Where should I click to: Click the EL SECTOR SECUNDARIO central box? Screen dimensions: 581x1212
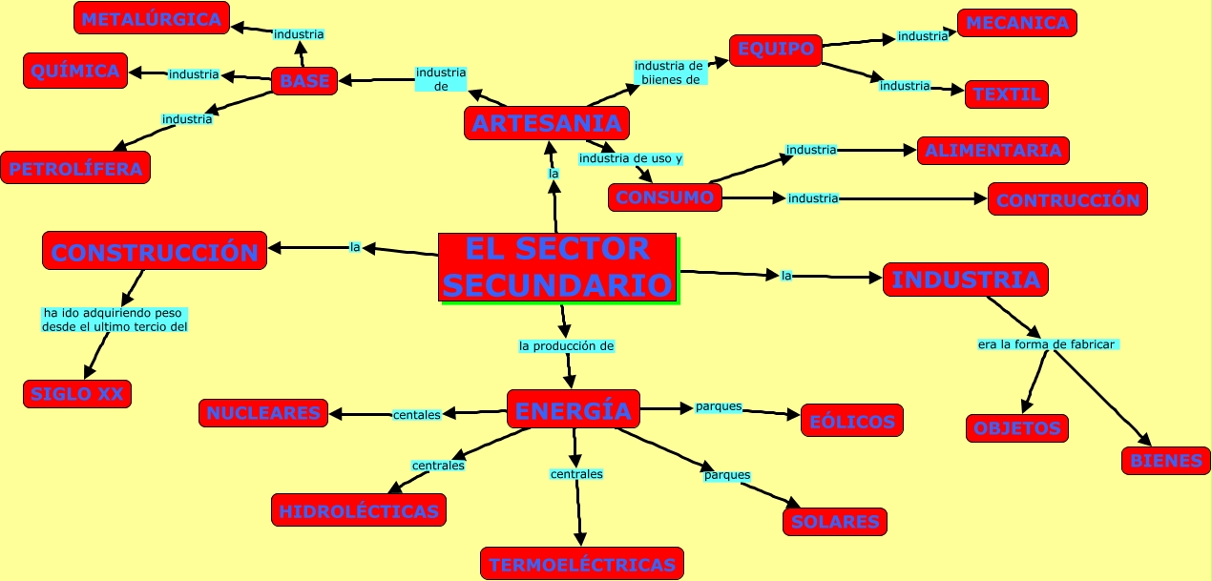(x=557, y=267)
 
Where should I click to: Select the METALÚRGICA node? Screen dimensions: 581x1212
(x=151, y=18)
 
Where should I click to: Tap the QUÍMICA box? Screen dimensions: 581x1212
(x=75, y=71)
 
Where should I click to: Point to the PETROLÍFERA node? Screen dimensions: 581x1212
(x=75, y=169)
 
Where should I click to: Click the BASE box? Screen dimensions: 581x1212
(x=304, y=81)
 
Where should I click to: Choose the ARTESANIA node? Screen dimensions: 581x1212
(x=547, y=122)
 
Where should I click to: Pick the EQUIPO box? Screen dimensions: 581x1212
(x=775, y=49)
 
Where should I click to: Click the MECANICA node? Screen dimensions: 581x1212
(x=1016, y=23)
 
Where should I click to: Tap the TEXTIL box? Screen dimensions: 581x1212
(x=1006, y=94)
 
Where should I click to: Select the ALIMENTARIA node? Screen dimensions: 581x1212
(x=993, y=150)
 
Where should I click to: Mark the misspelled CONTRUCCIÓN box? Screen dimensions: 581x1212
(x=1067, y=199)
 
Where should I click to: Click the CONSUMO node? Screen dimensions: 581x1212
(x=664, y=197)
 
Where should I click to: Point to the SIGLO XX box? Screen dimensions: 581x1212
(x=77, y=393)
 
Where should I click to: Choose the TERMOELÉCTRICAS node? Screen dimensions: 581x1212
(x=582, y=564)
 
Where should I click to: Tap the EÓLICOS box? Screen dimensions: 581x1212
(x=851, y=421)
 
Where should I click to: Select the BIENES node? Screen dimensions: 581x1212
(x=1165, y=460)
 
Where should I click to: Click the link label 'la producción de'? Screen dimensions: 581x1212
(x=566, y=346)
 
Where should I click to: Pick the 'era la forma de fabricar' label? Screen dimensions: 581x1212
(x=1047, y=344)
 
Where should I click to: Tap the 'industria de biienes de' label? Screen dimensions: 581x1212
(x=669, y=73)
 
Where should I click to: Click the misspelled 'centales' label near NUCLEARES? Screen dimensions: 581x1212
(x=417, y=414)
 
